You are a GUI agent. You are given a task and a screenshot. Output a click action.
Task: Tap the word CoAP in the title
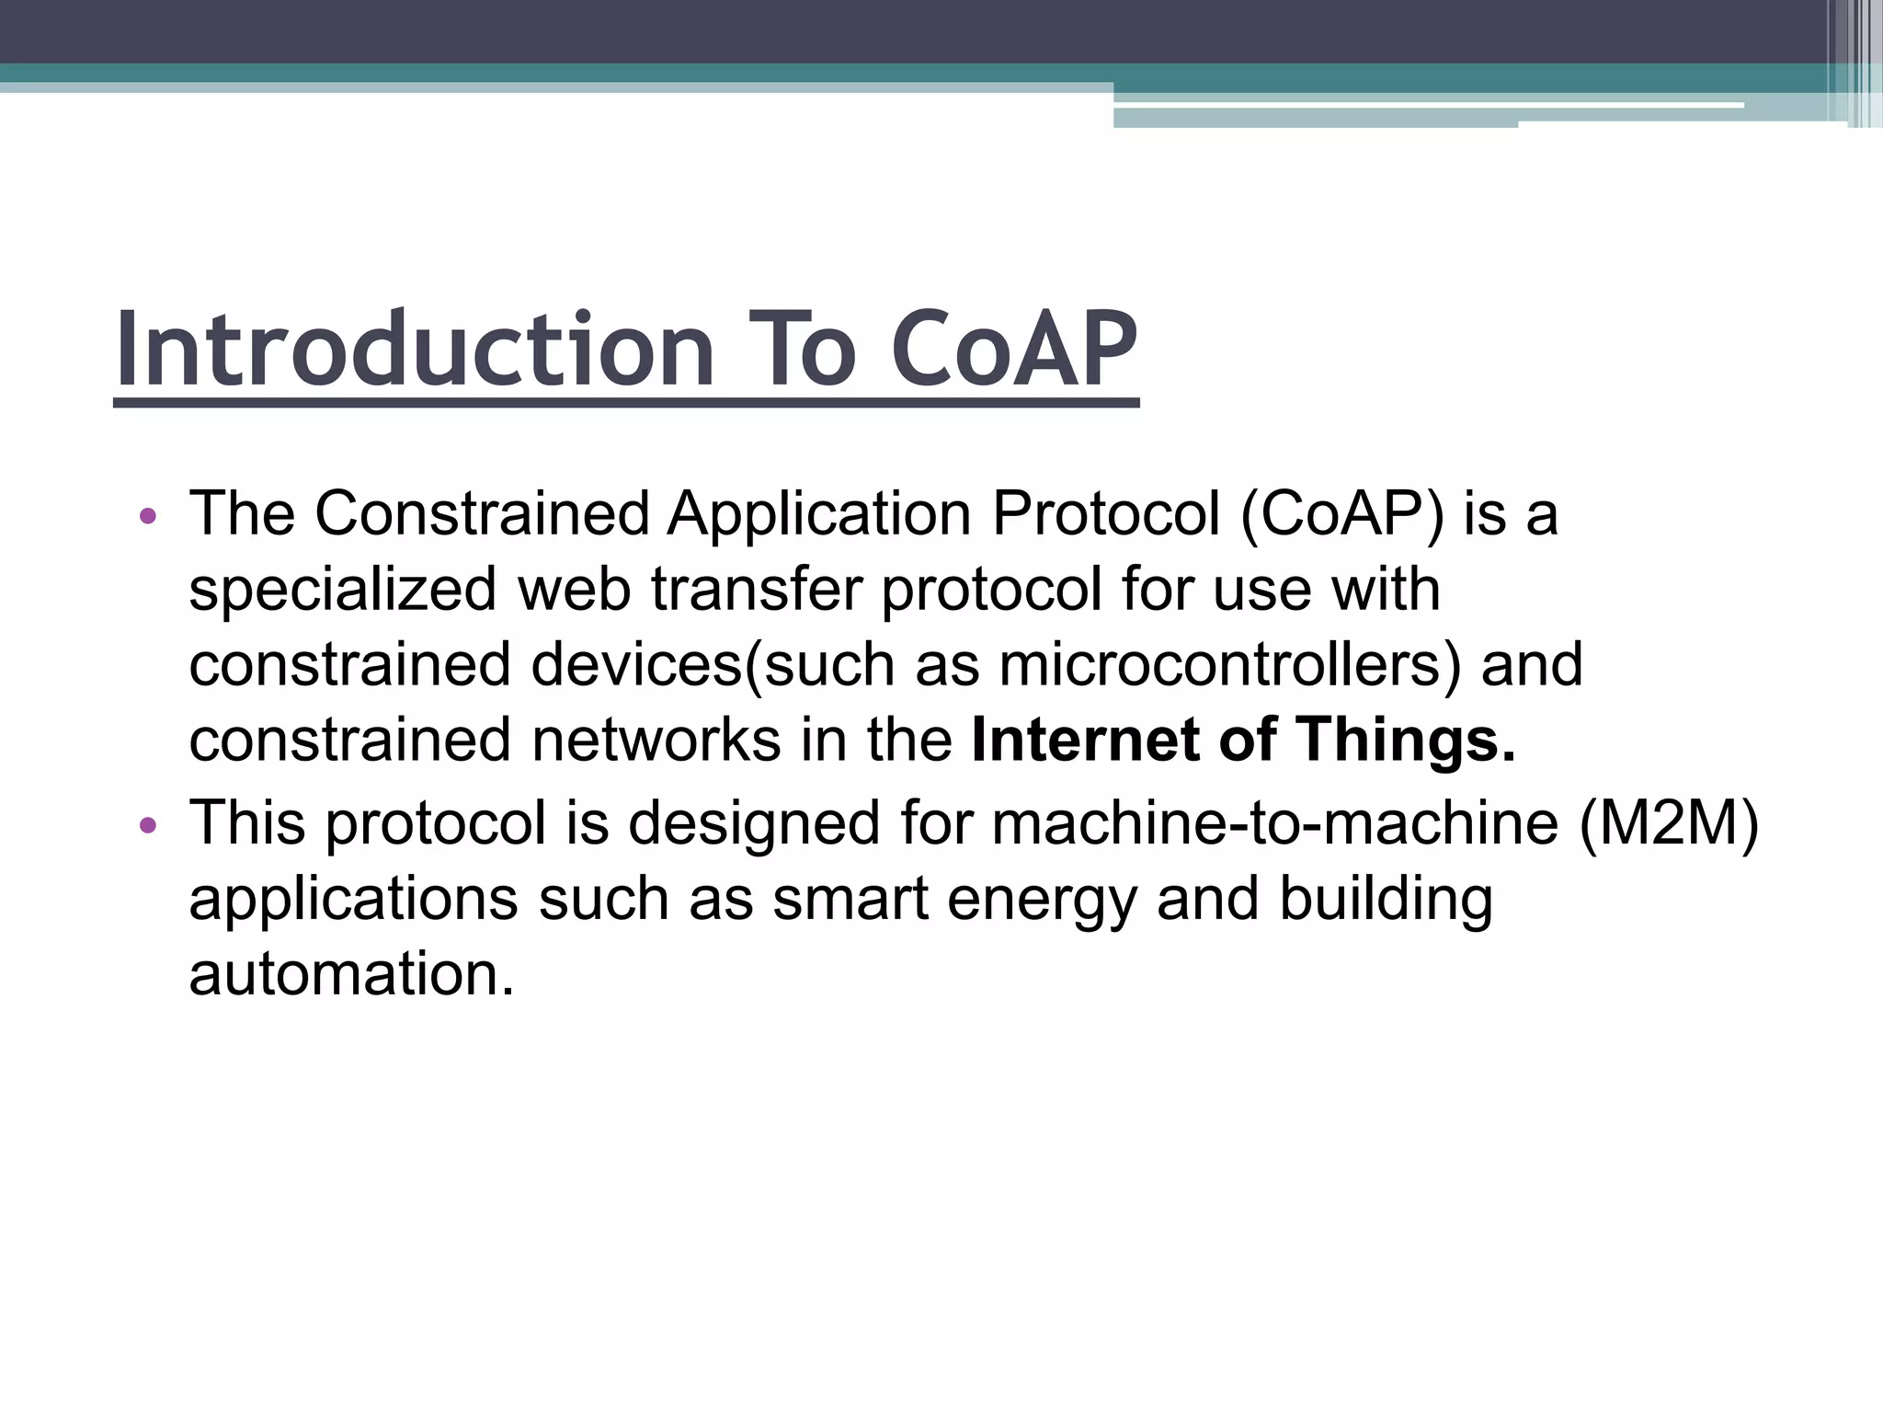pos(1015,350)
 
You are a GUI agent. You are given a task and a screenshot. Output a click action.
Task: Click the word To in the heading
pos(802,350)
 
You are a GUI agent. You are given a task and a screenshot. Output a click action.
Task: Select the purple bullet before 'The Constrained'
pos(148,516)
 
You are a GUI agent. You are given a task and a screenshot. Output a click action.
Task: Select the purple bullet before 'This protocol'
pos(148,825)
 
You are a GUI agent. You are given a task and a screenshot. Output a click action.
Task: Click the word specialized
pos(343,591)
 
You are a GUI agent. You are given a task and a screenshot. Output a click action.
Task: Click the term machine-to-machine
pos(1274,822)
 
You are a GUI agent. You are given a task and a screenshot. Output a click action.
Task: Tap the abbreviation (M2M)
pos(1669,822)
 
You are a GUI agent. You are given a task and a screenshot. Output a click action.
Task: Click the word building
pos(1386,899)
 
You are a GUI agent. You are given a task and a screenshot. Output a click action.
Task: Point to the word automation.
pos(351,974)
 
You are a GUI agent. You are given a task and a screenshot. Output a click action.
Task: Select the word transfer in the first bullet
pos(757,590)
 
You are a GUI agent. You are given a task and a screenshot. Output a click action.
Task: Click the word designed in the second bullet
pos(754,822)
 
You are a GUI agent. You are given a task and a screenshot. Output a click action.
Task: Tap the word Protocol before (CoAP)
pos(1105,513)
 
